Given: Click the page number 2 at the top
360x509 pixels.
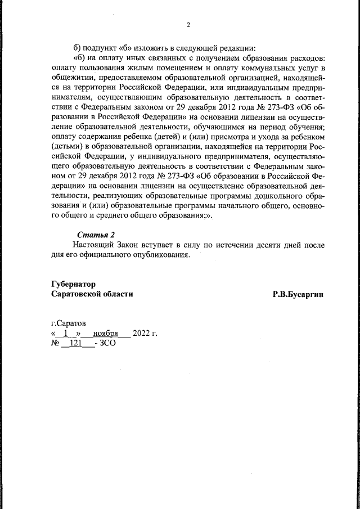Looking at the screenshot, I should pos(188,24).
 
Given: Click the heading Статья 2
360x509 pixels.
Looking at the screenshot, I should pos(96,235).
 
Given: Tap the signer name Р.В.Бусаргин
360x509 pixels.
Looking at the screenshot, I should pos(299,294).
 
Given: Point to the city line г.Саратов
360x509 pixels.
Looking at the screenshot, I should pos(69,323).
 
